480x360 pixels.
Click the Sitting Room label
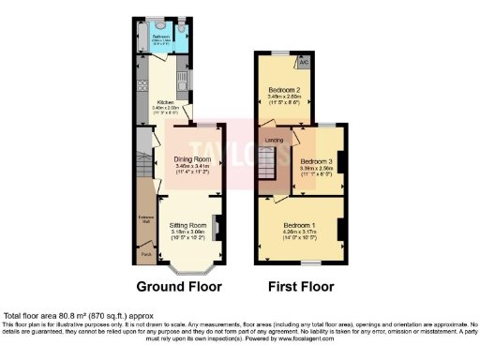pos(187,226)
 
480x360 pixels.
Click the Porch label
pos(146,253)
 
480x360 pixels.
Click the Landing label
pos(274,140)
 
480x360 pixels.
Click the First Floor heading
pos(301,286)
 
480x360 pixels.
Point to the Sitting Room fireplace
pos(217,229)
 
